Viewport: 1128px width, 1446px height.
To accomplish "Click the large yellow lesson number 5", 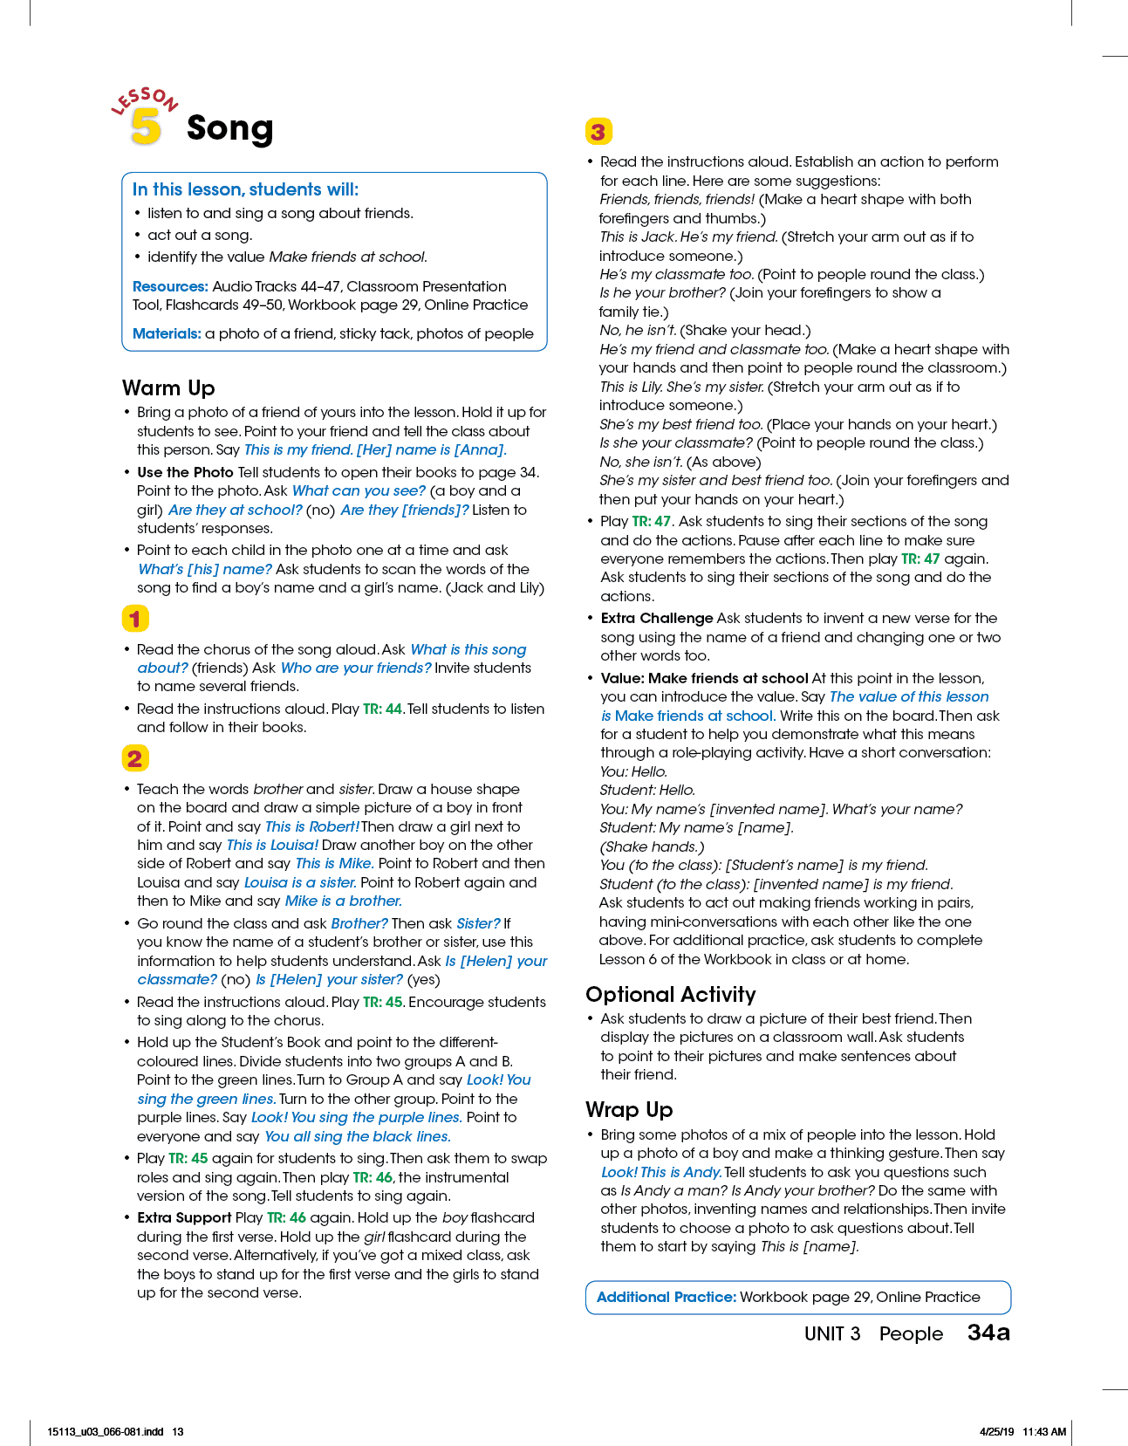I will tap(146, 127).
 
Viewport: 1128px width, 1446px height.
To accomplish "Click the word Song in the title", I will tap(229, 128).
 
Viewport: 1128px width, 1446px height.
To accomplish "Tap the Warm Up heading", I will tap(168, 387).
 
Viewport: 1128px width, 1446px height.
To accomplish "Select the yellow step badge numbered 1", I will tap(135, 618).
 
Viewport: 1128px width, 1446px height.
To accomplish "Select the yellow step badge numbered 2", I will tap(135, 757).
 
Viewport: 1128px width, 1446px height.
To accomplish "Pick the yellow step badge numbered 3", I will tap(598, 132).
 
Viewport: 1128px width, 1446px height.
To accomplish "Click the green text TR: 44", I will tap(383, 709).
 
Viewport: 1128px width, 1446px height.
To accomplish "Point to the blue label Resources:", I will tap(170, 286).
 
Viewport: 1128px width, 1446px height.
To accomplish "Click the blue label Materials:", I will tap(167, 333).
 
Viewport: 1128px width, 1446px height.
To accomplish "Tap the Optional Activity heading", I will tap(670, 994).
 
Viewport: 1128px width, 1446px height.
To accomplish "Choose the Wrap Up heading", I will tap(629, 1109).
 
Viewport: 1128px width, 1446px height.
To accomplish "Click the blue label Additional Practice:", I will tap(667, 1297).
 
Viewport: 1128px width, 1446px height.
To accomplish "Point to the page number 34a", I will tap(988, 1333).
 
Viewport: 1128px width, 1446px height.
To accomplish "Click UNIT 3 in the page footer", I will tap(831, 1333).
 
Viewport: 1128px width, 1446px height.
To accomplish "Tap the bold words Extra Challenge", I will tap(656, 618).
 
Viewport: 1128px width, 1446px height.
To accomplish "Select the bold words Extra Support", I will tap(184, 1217).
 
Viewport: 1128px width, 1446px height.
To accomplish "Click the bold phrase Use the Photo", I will tap(185, 472).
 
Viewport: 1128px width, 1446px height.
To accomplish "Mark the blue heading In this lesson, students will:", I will tap(245, 189).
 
